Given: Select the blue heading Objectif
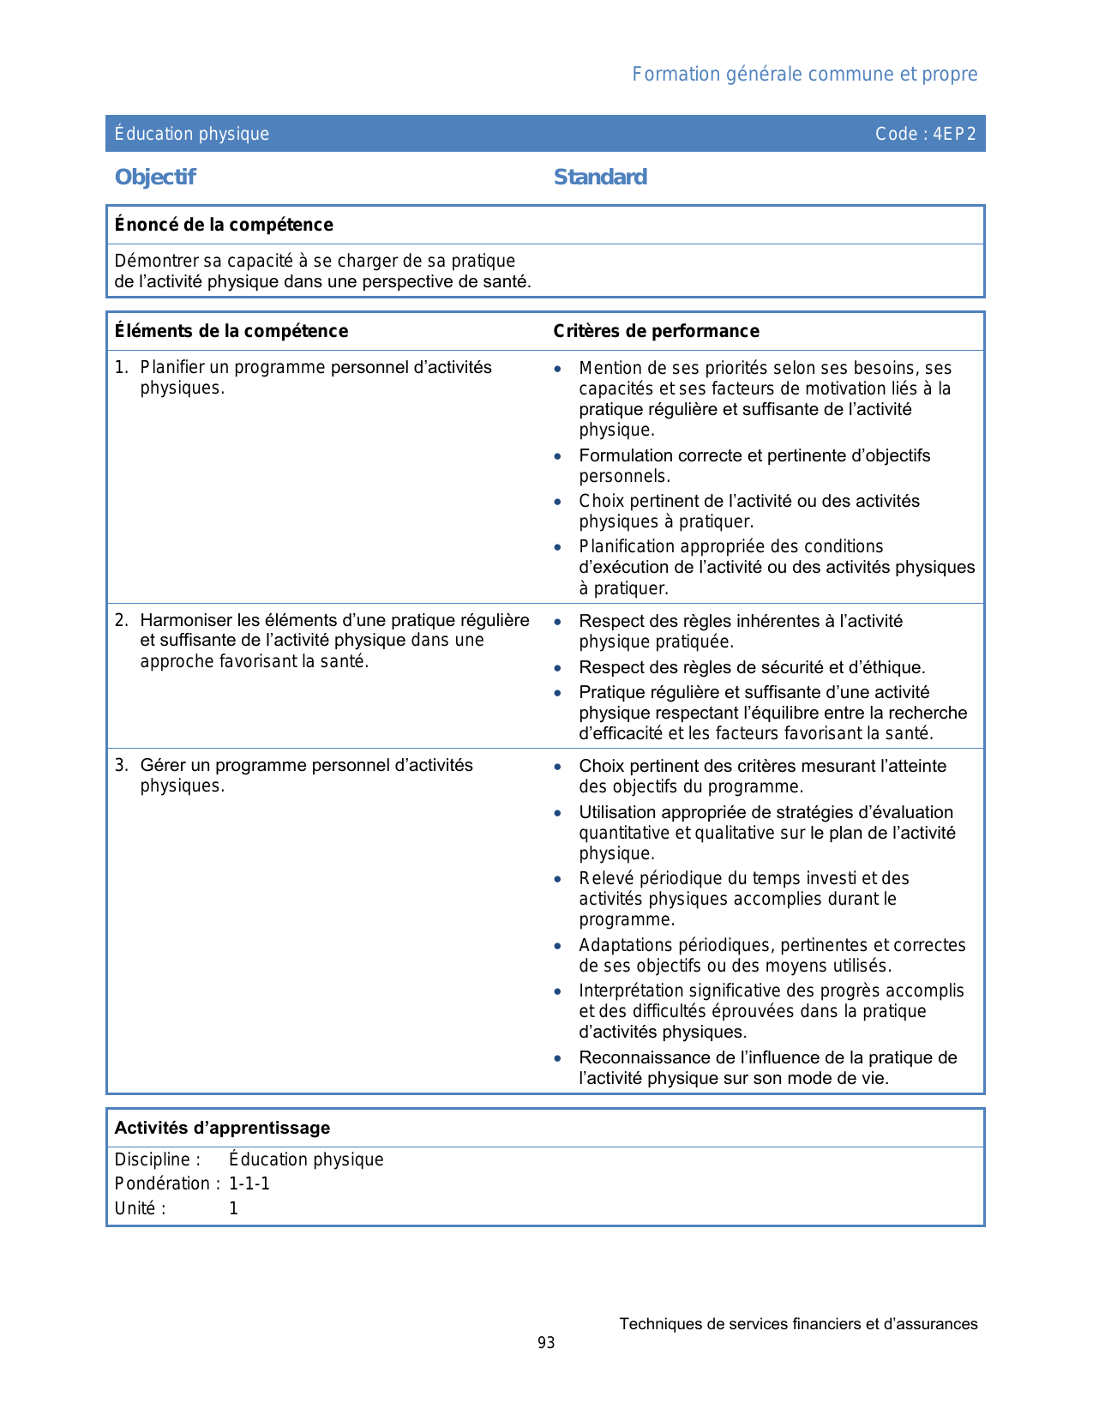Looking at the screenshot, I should (x=155, y=178).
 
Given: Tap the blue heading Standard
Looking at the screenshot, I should (x=600, y=178).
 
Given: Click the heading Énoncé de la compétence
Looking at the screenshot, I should (x=224, y=225).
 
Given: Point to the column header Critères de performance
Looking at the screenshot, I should (x=656, y=331).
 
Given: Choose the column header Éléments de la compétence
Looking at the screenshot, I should (x=231, y=331).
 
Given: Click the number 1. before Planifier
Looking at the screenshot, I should (x=121, y=368).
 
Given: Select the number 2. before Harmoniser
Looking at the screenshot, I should (x=121, y=620).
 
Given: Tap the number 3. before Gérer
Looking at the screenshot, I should (x=121, y=765).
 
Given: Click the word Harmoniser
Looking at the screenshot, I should (x=186, y=620).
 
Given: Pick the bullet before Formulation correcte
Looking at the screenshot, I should (x=558, y=456).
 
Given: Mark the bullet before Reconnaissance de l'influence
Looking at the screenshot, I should (x=558, y=1058).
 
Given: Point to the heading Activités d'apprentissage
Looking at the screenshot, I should (x=222, y=1128).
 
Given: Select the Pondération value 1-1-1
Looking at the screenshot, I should (x=249, y=1184).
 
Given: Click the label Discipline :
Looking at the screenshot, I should (x=158, y=1159).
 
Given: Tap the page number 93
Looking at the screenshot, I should (x=546, y=1343).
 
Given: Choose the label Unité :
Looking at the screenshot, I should (x=140, y=1208).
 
